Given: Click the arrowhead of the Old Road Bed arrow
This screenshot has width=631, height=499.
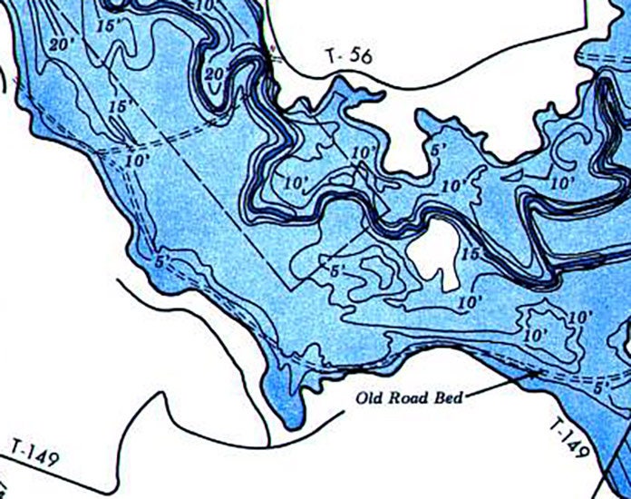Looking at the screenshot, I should [542, 369].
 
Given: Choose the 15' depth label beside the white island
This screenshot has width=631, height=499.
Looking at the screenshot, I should [469, 254].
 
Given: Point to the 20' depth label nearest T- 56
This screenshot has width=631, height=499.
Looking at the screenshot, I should [216, 73].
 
